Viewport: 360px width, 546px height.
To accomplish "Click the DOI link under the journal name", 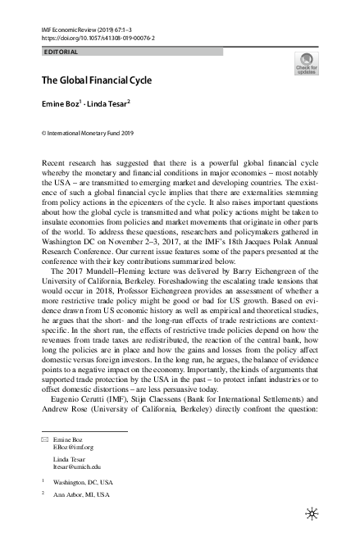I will click(x=98, y=38).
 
